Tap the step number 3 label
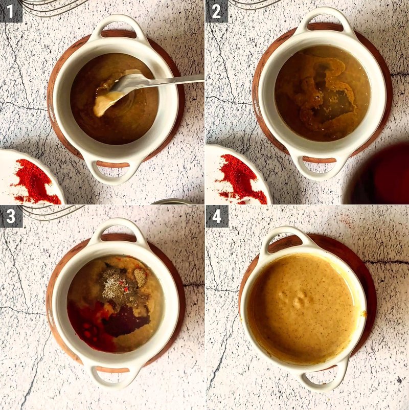11,217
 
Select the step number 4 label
217,217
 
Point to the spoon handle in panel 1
173,80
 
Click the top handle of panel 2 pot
325,21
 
